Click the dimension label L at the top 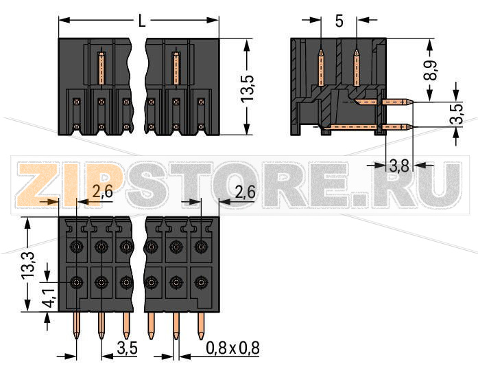click(141, 21)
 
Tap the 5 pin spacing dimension click(339, 21)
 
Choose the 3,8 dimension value click(399, 165)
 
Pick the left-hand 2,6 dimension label click(102, 193)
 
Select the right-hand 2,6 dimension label click(244, 193)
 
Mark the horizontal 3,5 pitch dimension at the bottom click(128, 348)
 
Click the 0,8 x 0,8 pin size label click(232, 348)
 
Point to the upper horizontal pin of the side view click(387, 102)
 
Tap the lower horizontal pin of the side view click(387, 127)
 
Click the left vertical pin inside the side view click(321, 69)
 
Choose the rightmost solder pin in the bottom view click(201, 326)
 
